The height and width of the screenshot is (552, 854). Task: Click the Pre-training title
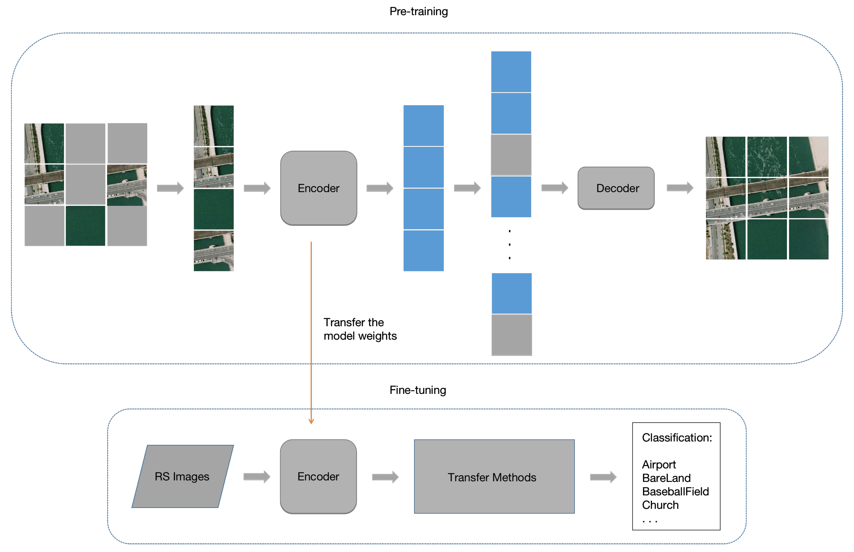click(x=418, y=12)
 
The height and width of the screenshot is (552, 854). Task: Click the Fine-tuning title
click(x=418, y=390)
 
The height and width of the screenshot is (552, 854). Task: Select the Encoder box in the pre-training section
click(x=318, y=188)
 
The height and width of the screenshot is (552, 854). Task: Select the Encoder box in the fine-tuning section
click(x=318, y=476)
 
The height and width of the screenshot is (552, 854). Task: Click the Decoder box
click(x=616, y=188)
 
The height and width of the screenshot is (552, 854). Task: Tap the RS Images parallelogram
click(x=182, y=476)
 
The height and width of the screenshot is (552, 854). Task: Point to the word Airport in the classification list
click(x=658, y=465)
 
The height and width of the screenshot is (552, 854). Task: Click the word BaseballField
click(x=675, y=491)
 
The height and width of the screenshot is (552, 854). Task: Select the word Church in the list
click(x=660, y=505)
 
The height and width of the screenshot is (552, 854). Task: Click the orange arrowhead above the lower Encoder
click(x=311, y=421)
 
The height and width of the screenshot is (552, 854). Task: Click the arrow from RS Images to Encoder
click(x=256, y=476)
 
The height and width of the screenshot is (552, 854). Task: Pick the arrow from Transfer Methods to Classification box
click(x=603, y=477)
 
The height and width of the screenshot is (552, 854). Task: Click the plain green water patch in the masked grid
click(x=85, y=226)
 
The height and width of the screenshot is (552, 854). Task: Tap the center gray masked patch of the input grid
click(x=85, y=184)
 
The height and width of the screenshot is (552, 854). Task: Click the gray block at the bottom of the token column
click(x=511, y=335)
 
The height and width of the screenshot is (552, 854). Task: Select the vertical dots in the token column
click(x=509, y=245)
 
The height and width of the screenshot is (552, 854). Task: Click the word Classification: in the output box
click(x=676, y=438)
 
